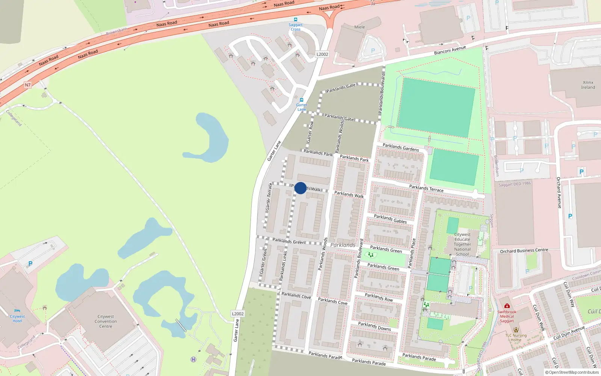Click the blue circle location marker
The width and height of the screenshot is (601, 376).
(300, 188)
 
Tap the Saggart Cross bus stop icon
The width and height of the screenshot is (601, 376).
(296, 20)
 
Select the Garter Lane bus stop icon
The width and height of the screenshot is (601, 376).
(302, 100)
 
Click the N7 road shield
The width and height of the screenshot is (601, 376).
(28, 85)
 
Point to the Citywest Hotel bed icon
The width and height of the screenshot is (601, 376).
(17, 311)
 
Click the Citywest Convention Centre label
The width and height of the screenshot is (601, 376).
(106, 321)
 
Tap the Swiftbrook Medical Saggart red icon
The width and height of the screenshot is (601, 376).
(507, 306)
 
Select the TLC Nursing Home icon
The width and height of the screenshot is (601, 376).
(516, 330)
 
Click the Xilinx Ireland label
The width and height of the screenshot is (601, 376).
(588, 85)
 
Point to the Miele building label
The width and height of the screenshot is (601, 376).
(359, 27)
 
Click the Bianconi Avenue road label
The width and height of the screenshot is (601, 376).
(450, 50)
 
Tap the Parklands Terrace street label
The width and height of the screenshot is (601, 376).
(426, 188)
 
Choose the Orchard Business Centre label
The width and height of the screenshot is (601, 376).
(524, 250)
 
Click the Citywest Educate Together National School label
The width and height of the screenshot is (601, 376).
(462, 244)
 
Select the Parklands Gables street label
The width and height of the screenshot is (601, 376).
(390, 219)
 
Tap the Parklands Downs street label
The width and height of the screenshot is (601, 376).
(374, 326)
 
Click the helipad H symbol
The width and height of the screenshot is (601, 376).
(193, 359)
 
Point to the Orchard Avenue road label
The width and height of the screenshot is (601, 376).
(559, 193)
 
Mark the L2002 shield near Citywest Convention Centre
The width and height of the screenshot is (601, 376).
(238, 314)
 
